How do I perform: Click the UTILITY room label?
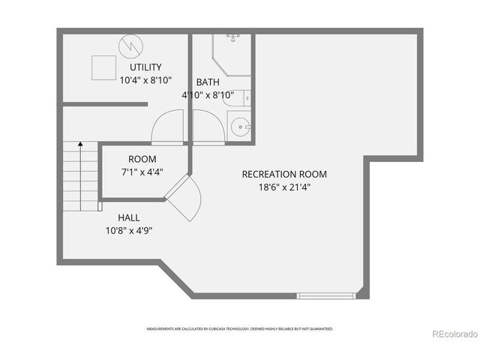pyautogui.click(x=145, y=67)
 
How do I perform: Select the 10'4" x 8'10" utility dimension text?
pyautogui.click(x=145, y=79)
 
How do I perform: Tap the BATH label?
pyautogui.click(x=208, y=82)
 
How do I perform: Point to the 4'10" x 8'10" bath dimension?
pyautogui.click(x=208, y=95)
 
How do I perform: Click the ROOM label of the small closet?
pyautogui.click(x=142, y=159)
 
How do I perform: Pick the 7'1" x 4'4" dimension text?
pyautogui.click(x=142, y=172)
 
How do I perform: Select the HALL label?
pyautogui.click(x=129, y=217)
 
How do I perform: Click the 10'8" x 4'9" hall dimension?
pyautogui.click(x=129, y=230)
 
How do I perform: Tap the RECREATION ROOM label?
pyautogui.click(x=284, y=174)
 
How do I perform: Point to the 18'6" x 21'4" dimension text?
pyautogui.click(x=284, y=187)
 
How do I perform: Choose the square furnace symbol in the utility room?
pyautogui.click(x=102, y=67)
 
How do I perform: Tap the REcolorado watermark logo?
pyautogui.click(x=451, y=334)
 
